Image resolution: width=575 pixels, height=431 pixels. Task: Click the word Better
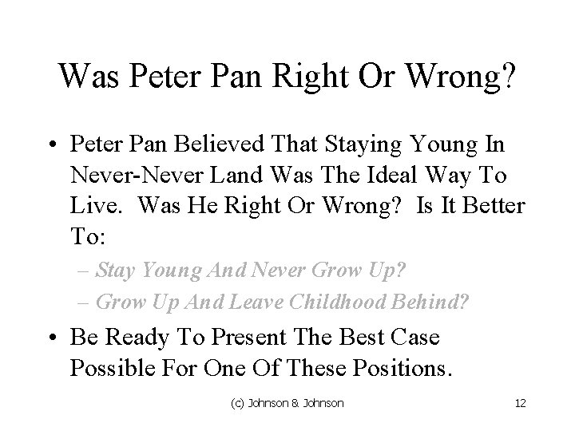(494, 207)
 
